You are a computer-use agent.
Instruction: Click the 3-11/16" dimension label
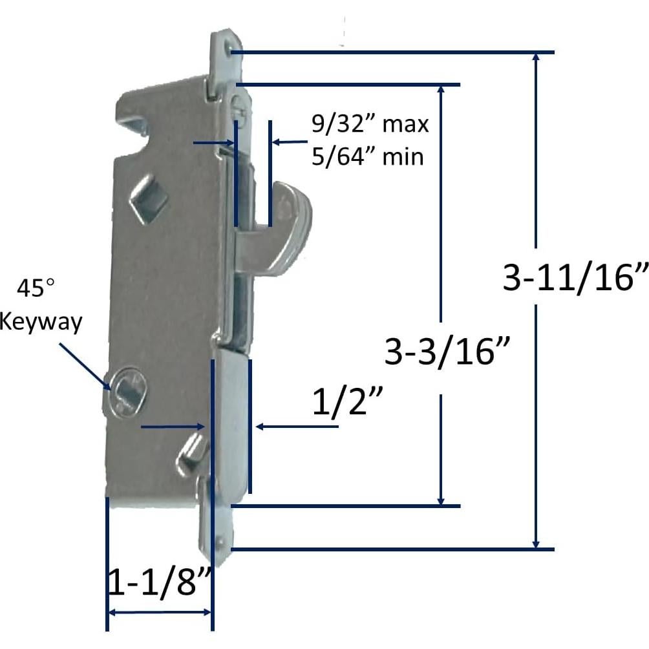pyautogui.click(x=575, y=279)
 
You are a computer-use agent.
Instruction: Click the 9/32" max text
pyautogui.click(x=370, y=123)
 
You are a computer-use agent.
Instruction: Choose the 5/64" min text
pyautogui.click(x=368, y=156)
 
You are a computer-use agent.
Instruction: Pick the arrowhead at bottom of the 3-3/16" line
pyautogui.click(x=441, y=499)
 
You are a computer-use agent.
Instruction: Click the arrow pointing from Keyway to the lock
pyautogui.click(x=85, y=365)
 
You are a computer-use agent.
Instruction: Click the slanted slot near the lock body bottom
pyautogui.click(x=191, y=452)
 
